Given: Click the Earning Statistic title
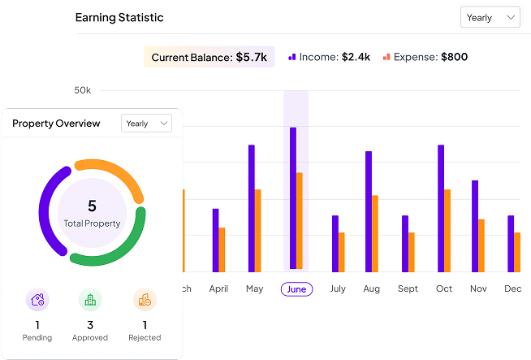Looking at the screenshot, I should point(119,17).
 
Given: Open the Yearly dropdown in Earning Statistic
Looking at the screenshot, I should point(490,17).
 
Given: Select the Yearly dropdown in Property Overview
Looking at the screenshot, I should point(146,124).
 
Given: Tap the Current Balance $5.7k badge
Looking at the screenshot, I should point(209,57).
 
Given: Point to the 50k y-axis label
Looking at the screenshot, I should point(82,89).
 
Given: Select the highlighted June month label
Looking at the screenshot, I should point(296,288).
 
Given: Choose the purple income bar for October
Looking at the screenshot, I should point(441,208).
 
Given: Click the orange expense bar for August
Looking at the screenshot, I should point(375,233).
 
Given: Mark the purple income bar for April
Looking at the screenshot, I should point(215,240).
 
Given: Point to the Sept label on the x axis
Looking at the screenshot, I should point(408,288).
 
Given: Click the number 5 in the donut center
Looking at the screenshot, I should point(92,206).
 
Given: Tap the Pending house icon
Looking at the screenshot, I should point(37,300).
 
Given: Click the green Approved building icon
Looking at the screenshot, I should point(90,300).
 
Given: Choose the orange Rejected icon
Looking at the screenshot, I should point(145,300).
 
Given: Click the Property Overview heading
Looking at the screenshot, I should point(56,124).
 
